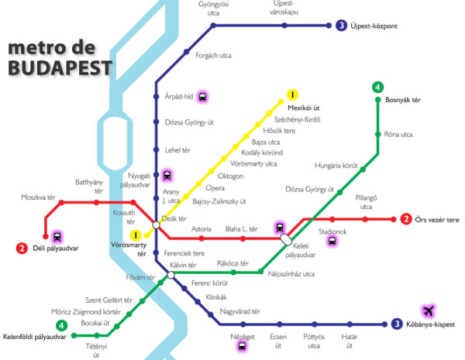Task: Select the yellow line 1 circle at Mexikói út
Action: pyautogui.click(x=292, y=94)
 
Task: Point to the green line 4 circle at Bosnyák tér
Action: pyautogui.click(x=377, y=87)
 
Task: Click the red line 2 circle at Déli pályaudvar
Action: pyautogui.click(x=21, y=249)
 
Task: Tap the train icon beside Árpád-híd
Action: pyautogui.click(x=203, y=97)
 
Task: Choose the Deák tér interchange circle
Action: pyautogui.click(x=157, y=225)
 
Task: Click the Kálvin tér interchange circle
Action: pyautogui.click(x=170, y=274)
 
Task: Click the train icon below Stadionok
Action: pyautogui.click(x=332, y=240)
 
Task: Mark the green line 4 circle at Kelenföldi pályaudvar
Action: pyautogui.click(x=60, y=325)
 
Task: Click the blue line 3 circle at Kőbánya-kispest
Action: pyautogui.click(x=396, y=324)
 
